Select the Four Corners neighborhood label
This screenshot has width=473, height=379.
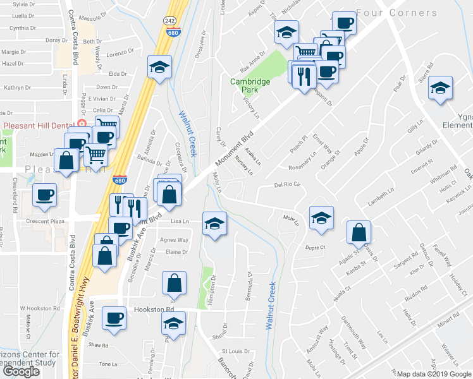(x=396, y=13)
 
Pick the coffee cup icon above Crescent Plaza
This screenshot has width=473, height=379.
(x=44, y=195)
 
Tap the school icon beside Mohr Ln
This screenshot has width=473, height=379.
(x=322, y=219)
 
